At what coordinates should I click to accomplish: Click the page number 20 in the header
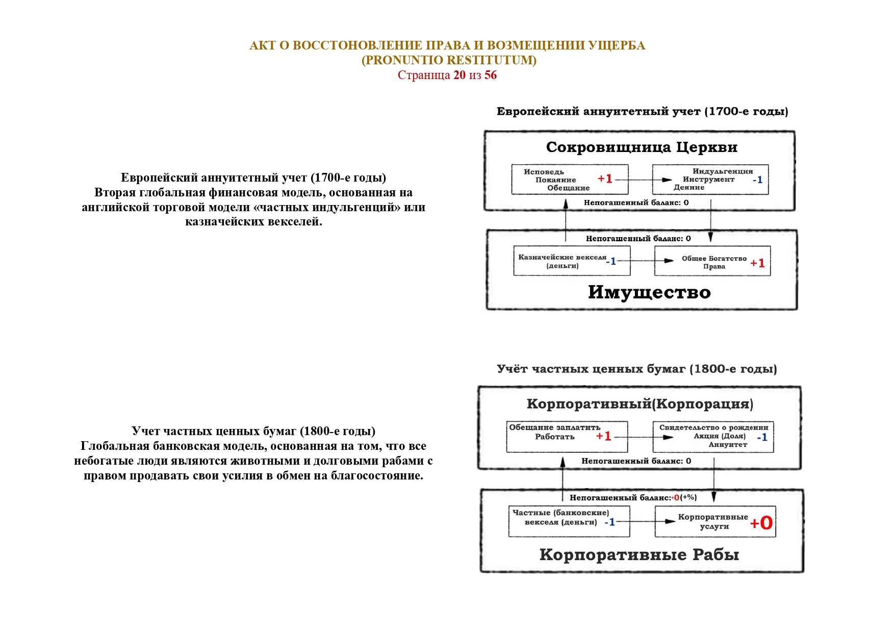(459, 75)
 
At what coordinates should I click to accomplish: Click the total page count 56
(490, 75)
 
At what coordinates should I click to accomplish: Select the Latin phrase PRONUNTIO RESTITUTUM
(449, 60)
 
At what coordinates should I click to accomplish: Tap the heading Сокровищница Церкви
(642, 147)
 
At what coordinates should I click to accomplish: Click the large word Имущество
(649, 292)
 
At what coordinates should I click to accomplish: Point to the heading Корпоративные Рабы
(639, 554)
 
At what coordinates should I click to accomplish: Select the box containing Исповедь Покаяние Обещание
(570, 180)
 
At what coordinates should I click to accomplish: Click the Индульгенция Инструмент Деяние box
(710, 180)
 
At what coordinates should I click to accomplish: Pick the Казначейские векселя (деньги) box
(572, 261)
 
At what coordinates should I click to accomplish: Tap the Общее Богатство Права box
(712, 262)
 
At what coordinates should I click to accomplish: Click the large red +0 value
(761, 523)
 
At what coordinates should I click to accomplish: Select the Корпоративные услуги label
(713, 521)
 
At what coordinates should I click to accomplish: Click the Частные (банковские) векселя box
(569, 521)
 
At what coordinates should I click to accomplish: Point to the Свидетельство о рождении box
(713, 437)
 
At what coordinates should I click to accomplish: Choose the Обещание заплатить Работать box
(567, 437)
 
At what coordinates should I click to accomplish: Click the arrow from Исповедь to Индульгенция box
(641, 180)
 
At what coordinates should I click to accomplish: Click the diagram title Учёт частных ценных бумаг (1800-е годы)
(637, 369)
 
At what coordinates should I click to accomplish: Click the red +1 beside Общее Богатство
(757, 263)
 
